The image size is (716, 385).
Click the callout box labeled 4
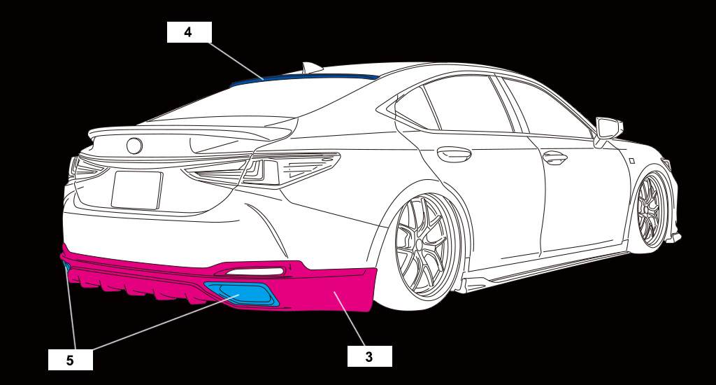coord(189,32)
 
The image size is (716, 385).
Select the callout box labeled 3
coord(369,356)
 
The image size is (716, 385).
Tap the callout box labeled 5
coord(71,360)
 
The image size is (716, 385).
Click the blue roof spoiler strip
coord(304,78)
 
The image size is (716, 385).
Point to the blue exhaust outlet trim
coord(241,293)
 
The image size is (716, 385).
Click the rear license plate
coord(136,190)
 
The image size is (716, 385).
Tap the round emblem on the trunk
coord(134,146)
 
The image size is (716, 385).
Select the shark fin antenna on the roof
coord(311,68)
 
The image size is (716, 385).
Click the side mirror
coord(608,130)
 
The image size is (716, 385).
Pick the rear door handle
coord(454,154)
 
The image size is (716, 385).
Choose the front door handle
coord(554,158)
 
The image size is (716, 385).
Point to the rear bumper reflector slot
coord(254,272)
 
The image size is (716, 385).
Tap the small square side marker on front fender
coord(632,160)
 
